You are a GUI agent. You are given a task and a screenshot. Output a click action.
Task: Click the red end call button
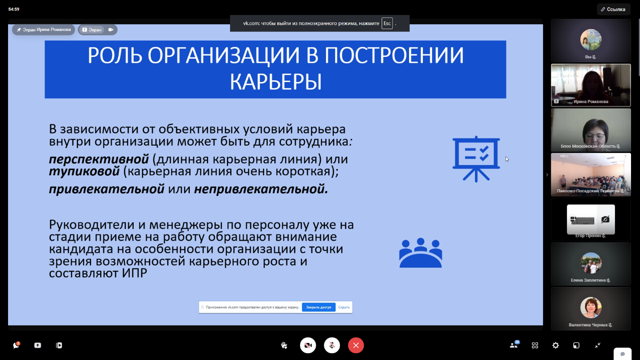[x=356, y=345]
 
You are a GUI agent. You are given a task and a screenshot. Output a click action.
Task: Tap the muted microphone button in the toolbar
[x=332, y=345]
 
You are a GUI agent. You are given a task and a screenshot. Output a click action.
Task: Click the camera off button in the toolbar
[x=308, y=345]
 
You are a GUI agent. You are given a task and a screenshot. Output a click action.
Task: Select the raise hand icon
[x=284, y=345]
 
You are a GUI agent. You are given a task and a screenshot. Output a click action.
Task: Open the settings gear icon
[x=555, y=345]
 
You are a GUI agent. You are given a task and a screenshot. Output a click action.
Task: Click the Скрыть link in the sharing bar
[x=344, y=307]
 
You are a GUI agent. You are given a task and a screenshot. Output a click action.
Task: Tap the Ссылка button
[x=613, y=9]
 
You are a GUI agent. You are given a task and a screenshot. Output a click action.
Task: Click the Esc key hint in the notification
[x=387, y=23]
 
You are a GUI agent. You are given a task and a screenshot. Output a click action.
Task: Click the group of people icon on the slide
[x=421, y=252]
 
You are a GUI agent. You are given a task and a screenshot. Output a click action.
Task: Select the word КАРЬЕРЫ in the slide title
[x=276, y=82]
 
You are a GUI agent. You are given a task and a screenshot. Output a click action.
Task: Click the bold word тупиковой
[x=84, y=171]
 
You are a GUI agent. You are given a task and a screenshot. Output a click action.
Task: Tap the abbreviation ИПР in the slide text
[x=134, y=273]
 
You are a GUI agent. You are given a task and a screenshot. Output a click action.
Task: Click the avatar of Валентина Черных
[x=591, y=308]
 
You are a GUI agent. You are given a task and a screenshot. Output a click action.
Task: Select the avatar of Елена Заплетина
[x=591, y=263]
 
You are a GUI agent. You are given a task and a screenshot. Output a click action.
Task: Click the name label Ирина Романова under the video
[x=591, y=101]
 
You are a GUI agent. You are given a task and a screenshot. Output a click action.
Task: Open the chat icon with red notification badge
[x=16, y=345]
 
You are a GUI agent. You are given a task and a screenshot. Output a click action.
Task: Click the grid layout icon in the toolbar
[x=535, y=345]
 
